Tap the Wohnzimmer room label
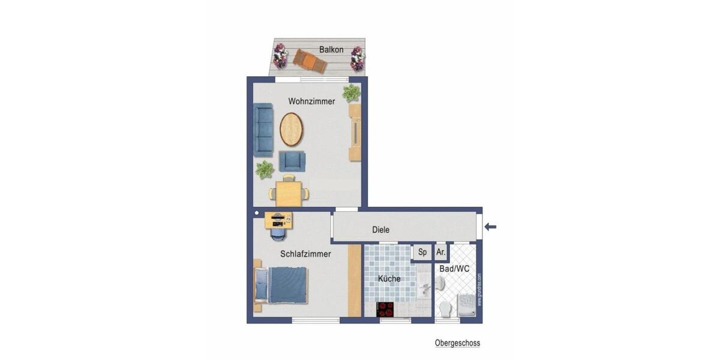(311, 101)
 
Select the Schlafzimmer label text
(305, 254)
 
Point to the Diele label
(380, 230)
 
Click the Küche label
(389, 278)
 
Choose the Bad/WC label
(454, 269)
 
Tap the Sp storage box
(422, 253)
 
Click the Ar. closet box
(441, 253)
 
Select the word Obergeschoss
(457, 343)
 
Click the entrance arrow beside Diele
(491, 226)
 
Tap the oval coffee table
(292, 129)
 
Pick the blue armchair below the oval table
(292, 161)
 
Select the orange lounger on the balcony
(310, 61)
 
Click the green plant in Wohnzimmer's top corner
(352, 92)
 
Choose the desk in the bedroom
(279, 220)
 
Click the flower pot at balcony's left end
(280, 55)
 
